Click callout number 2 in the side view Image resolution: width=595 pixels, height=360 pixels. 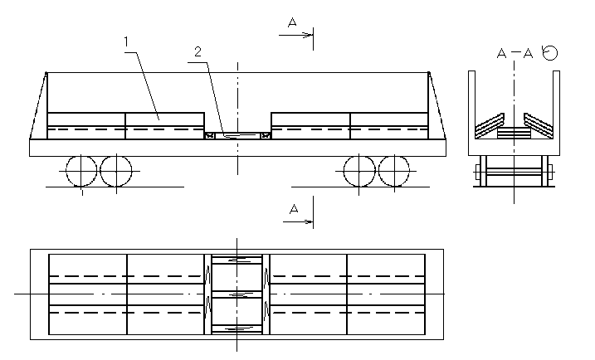point(198,51)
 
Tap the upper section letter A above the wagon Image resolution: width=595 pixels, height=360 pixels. point(292,23)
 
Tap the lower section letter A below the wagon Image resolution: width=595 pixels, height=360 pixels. point(293,211)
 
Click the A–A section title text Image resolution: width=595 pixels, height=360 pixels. point(515,54)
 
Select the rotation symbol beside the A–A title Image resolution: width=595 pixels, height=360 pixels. point(549,52)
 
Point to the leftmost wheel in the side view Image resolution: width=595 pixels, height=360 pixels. point(81,171)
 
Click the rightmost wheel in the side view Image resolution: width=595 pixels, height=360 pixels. point(394,171)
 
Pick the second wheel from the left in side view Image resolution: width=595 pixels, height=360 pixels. point(115,171)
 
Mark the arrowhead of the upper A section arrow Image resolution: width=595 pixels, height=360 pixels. point(311,35)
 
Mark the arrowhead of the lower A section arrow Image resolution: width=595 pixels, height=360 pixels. point(311,222)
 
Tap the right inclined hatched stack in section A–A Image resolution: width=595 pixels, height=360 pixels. point(539,125)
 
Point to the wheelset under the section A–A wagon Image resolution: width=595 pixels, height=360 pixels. point(515,175)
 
